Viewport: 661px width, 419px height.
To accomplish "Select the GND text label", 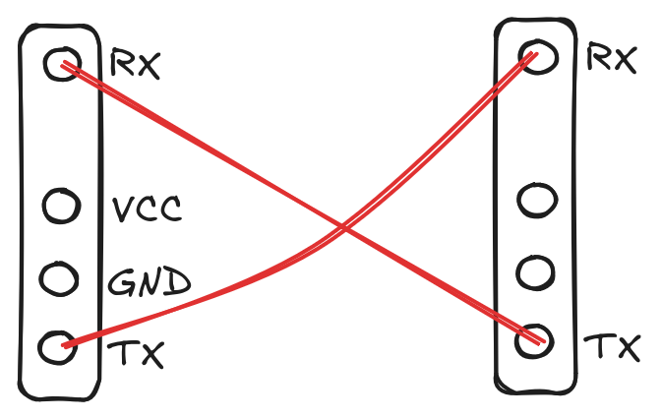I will [148, 284].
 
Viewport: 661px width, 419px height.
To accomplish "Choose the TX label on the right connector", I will [613, 347].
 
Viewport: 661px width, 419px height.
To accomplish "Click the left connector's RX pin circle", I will [61, 65].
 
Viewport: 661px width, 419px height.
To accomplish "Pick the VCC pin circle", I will [60, 207].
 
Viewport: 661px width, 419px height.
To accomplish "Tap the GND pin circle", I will [60, 278].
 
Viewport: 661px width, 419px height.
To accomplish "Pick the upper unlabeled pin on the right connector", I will [537, 201].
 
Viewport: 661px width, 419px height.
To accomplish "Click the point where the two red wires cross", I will [344, 227].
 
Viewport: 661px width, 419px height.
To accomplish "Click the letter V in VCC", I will [122, 209].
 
